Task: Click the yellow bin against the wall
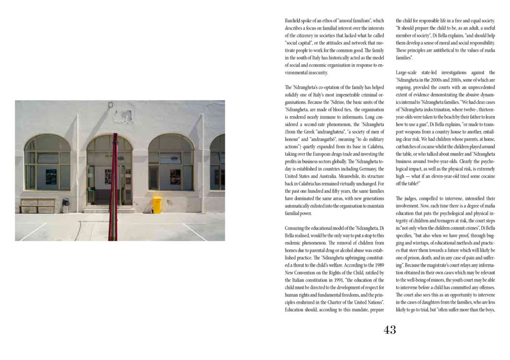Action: click(x=157, y=205)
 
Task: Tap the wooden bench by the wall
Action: click(x=37, y=205)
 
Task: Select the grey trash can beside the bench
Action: click(x=66, y=203)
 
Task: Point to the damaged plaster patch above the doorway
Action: click(x=124, y=116)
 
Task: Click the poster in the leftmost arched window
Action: click(x=51, y=175)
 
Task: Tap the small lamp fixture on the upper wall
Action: click(x=110, y=104)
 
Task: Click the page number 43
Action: click(x=390, y=330)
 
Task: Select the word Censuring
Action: click(x=297, y=228)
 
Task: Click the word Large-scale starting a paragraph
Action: click(x=410, y=72)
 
